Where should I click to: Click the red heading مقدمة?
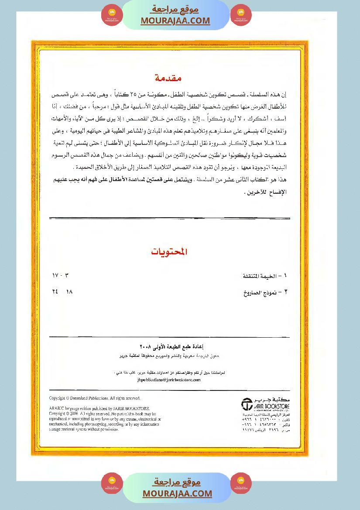click(168, 79)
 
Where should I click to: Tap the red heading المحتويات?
click(169, 252)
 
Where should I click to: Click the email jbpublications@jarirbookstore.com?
click(168, 380)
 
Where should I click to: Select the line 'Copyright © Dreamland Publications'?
click(94, 398)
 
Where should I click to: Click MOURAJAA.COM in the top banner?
click(175, 21)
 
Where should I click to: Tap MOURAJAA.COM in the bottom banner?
click(177, 493)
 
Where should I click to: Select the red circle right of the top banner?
click(241, 15)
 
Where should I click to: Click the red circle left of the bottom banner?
click(112, 483)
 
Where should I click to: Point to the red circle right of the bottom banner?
click(241, 483)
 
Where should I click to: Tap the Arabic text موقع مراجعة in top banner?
click(175, 9)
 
